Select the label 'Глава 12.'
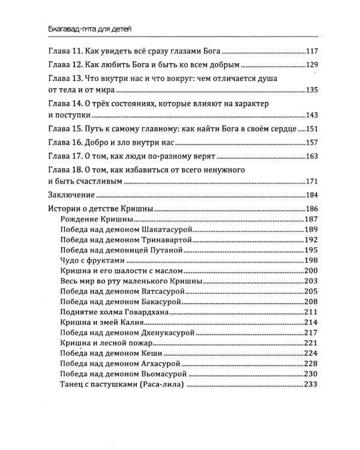click(64, 65)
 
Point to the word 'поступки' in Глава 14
click(67, 116)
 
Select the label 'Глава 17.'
click(64, 157)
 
